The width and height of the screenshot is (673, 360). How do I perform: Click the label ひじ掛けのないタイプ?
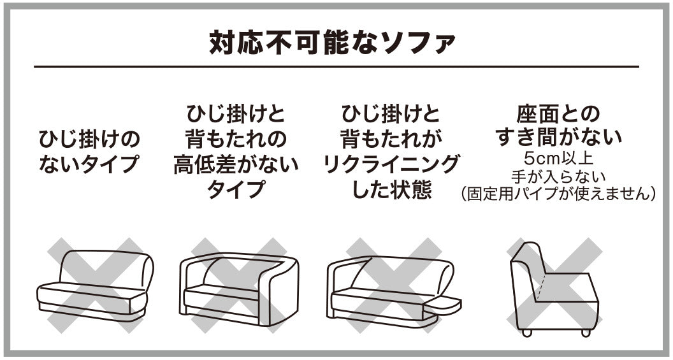[x=89, y=152]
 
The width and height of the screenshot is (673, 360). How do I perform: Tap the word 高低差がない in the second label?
[x=236, y=165]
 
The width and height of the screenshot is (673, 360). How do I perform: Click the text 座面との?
[x=558, y=115]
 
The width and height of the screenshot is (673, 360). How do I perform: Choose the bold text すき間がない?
[x=558, y=137]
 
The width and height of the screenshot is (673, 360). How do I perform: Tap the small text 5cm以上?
[x=558, y=157]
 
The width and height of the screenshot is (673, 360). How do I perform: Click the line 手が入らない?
[x=558, y=175]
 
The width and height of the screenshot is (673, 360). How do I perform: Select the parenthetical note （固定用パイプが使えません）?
[x=558, y=192]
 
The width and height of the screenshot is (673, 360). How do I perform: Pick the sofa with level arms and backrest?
[x=240, y=287]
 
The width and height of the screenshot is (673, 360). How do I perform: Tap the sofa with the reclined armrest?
[x=392, y=287]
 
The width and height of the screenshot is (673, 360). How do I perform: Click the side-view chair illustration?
[x=553, y=287]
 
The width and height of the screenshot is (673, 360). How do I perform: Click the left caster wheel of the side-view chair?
[x=526, y=332]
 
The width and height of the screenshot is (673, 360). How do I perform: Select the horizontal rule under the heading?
[x=336, y=67]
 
